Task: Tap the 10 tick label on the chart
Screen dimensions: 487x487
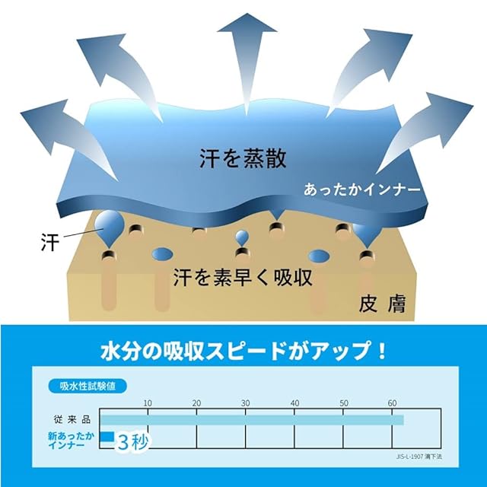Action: pyautogui.click(x=148, y=403)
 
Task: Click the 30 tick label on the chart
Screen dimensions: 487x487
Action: pyautogui.click(x=245, y=403)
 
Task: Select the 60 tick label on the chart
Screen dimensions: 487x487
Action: pyautogui.click(x=393, y=403)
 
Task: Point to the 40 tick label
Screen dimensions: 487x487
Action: pyautogui.click(x=294, y=403)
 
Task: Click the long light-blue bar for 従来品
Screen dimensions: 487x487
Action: pyautogui.click(x=251, y=419)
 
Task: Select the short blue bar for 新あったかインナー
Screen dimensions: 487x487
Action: pyautogui.click(x=107, y=437)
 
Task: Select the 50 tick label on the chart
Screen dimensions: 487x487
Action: pyautogui.click(x=344, y=403)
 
